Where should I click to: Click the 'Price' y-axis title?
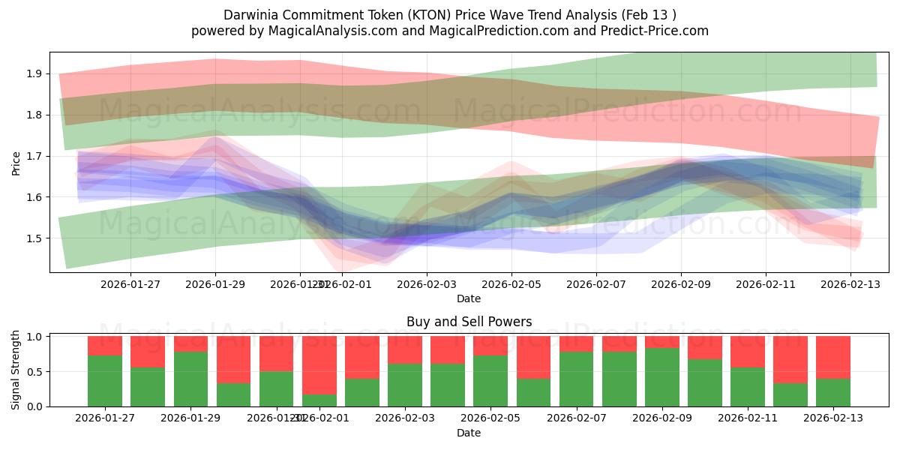click(16, 163)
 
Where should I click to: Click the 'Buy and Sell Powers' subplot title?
click(469, 322)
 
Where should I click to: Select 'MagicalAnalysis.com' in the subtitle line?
click(310, 31)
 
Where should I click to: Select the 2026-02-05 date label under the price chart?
click(511, 284)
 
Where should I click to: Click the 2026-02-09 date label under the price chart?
click(681, 284)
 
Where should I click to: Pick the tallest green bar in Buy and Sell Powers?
click(662, 377)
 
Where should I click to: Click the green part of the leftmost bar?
click(105, 381)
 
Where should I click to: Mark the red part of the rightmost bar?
click(833, 357)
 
